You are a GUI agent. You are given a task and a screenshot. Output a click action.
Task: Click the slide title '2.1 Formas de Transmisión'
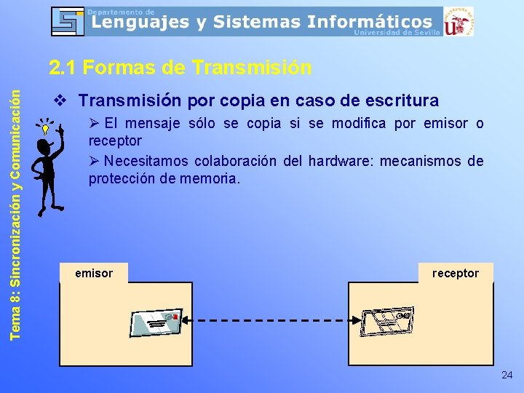pyautogui.click(x=180, y=68)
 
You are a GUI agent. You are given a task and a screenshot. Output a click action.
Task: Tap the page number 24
pyautogui.click(x=507, y=375)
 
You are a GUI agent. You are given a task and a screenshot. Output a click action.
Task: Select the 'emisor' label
pyautogui.click(x=94, y=274)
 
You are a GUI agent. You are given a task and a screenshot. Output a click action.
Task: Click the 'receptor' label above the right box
pyautogui.click(x=456, y=274)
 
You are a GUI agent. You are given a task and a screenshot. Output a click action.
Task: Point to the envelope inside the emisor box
pyautogui.click(x=155, y=322)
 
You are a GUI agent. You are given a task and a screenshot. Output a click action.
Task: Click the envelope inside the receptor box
pyautogui.click(x=388, y=319)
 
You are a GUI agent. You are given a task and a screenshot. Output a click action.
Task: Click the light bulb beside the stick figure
pyautogui.click(x=45, y=130)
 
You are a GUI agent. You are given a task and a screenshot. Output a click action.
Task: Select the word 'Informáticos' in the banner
pyautogui.click(x=370, y=22)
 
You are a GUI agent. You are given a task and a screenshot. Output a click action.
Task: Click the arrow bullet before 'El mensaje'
pyautogui.click(x=95, y=123)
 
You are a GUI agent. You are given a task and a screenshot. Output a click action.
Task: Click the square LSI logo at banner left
pyautogui.click(x=68, y=21)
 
